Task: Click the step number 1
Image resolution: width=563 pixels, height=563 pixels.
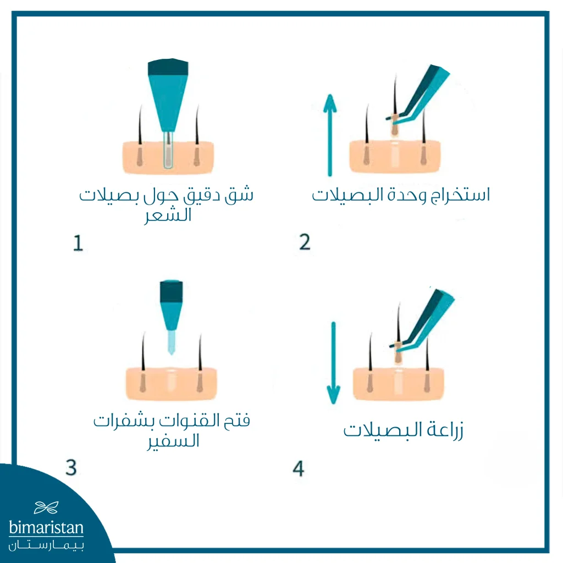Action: (78, 243)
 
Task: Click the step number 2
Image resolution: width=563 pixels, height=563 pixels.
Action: (305, 242)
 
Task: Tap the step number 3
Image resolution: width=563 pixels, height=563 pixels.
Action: (71, 467)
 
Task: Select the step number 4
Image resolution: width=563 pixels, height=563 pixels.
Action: (298, 468)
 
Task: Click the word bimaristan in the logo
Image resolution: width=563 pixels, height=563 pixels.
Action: (46, 529)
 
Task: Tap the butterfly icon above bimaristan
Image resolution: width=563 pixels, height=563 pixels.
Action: (46, 507)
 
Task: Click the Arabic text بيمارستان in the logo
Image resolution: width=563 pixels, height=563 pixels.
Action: (46, 545)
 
